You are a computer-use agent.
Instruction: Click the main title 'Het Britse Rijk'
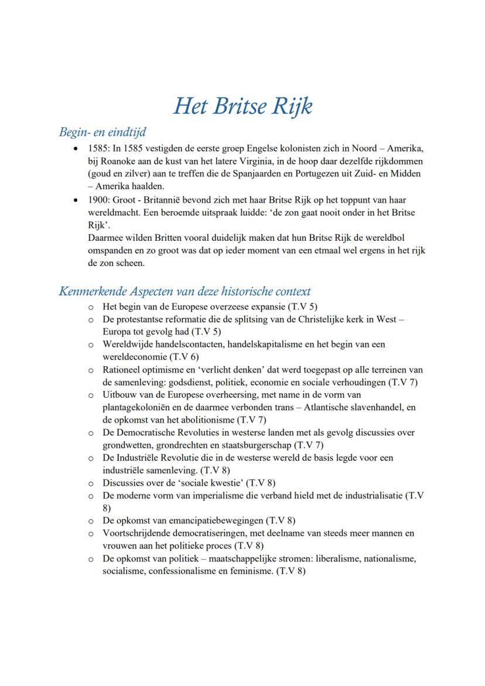(x=243, y=106)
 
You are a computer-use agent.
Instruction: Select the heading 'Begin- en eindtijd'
(x=103, y=132)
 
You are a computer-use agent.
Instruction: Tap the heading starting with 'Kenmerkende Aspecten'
(x=185, y=291)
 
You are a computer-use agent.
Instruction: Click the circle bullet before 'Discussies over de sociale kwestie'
(x=91, y=483)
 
